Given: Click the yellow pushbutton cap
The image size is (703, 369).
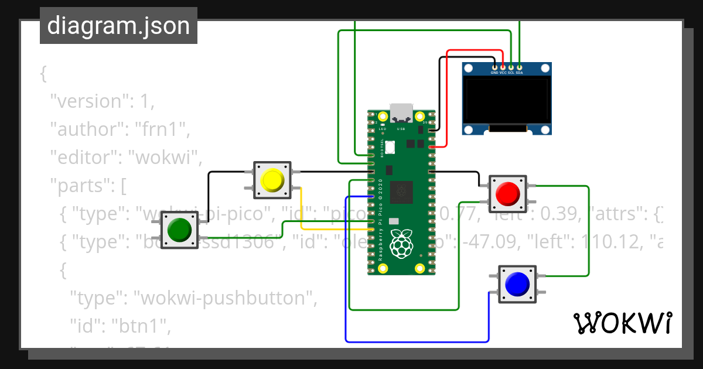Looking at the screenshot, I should point(272,180).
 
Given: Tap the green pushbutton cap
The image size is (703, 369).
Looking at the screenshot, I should point(179,230).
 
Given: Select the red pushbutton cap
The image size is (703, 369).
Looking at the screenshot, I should point(507,193).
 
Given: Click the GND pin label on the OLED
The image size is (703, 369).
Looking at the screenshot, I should point(494,73).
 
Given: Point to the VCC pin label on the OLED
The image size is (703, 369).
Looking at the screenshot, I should point(503,73).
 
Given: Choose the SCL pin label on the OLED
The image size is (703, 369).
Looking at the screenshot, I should point(511,73).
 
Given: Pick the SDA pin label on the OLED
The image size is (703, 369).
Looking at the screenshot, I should point(519,73).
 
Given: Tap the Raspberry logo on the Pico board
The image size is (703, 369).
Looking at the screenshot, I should point(401,243).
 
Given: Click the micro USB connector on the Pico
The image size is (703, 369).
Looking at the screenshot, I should point(401,111).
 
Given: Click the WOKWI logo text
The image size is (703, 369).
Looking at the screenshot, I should point(622,323).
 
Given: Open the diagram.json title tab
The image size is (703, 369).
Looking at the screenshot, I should point(118,26).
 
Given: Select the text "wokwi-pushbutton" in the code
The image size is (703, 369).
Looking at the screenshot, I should point(222,298).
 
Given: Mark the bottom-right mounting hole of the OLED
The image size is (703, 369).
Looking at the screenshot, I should point(545,129).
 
